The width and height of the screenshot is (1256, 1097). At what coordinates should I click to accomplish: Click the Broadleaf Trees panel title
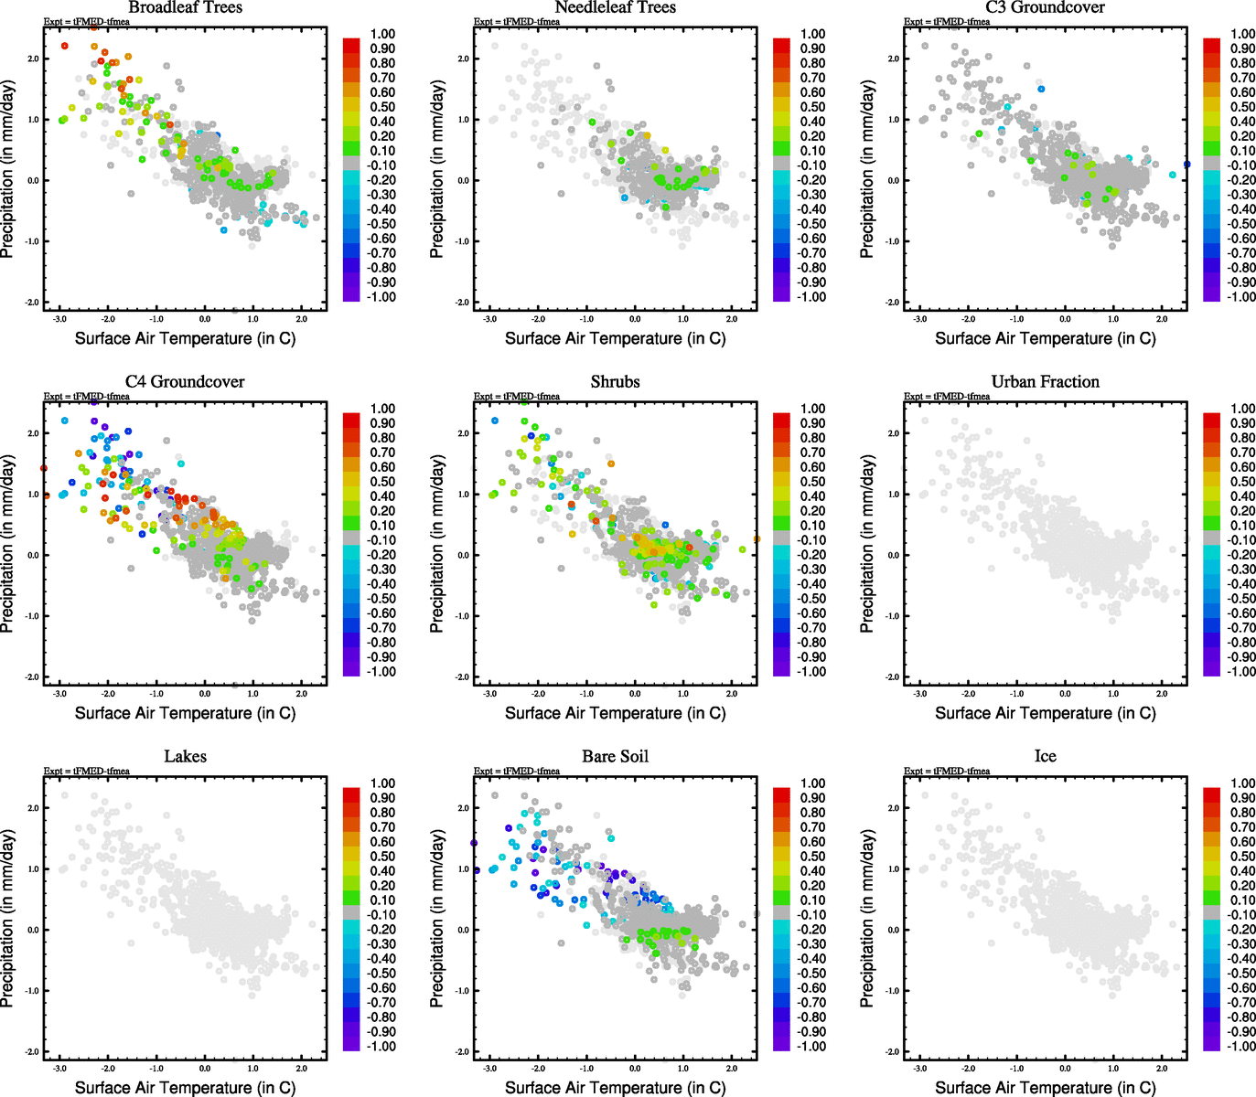coord(185,7)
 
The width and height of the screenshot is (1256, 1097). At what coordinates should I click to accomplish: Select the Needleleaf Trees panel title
coord(615,7)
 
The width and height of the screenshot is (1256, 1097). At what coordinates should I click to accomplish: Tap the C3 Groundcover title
coord(1045,7)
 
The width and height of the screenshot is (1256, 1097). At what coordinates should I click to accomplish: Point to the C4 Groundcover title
coord(185,381)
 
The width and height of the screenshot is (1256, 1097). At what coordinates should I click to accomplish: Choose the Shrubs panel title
coord(615,381)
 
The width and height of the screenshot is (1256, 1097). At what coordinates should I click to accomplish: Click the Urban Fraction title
coord(1045,381)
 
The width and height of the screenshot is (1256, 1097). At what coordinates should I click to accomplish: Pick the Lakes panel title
coord(185,756)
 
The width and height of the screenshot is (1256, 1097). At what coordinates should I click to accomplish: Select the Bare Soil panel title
coord(615,756)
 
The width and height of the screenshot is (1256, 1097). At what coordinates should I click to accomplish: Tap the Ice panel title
coord(1045,756)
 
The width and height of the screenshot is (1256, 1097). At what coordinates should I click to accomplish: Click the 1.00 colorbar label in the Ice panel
coord(1242,783)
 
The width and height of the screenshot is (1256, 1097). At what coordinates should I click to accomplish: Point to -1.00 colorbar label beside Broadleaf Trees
coord(381,297)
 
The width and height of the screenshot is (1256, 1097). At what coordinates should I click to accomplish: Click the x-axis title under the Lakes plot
coord(185,1087)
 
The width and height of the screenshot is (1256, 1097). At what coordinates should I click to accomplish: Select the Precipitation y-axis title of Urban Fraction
coord(866,544)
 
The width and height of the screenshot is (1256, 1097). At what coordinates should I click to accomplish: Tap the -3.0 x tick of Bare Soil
coord(490,1068)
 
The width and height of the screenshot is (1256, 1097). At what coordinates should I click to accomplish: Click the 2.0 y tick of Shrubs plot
coord(464,433)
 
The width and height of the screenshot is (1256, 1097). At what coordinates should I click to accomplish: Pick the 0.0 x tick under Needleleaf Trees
coord(635,319)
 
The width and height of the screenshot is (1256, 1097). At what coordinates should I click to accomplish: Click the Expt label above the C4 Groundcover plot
coord(87,397)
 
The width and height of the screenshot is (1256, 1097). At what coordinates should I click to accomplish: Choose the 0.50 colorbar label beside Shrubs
coord(812,482)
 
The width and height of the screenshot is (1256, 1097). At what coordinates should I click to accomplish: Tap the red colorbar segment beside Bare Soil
coord(781,794)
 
